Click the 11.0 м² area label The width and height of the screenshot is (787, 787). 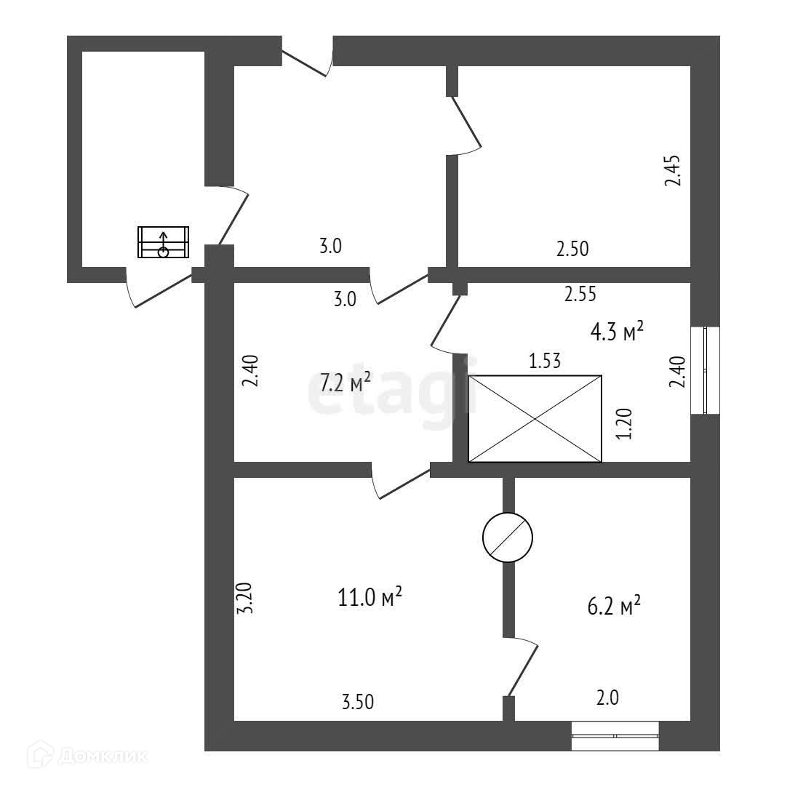(x=370, y=598)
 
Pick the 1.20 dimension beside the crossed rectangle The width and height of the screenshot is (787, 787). (x=624, y=424)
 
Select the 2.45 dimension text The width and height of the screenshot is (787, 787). (x=673, y=170)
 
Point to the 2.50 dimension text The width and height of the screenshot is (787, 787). (x=572, y=249)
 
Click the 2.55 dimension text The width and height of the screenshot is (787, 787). (x=580, y=294)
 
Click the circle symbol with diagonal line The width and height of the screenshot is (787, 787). (x=508, y=538)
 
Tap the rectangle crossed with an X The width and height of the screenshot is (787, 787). (x=535, y=419)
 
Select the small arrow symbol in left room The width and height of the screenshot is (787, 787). (x=164, y=242)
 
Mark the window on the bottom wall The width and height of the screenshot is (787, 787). (x=615, y=735)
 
